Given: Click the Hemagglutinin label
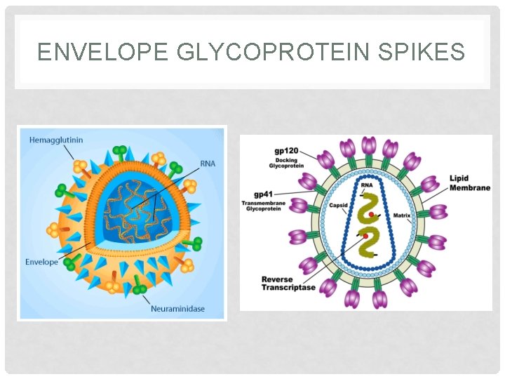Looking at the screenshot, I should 56,140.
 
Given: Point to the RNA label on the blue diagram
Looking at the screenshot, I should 208,164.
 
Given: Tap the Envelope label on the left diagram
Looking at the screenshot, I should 42,262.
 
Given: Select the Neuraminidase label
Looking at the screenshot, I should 178,308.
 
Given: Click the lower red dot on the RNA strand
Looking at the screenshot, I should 364,236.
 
